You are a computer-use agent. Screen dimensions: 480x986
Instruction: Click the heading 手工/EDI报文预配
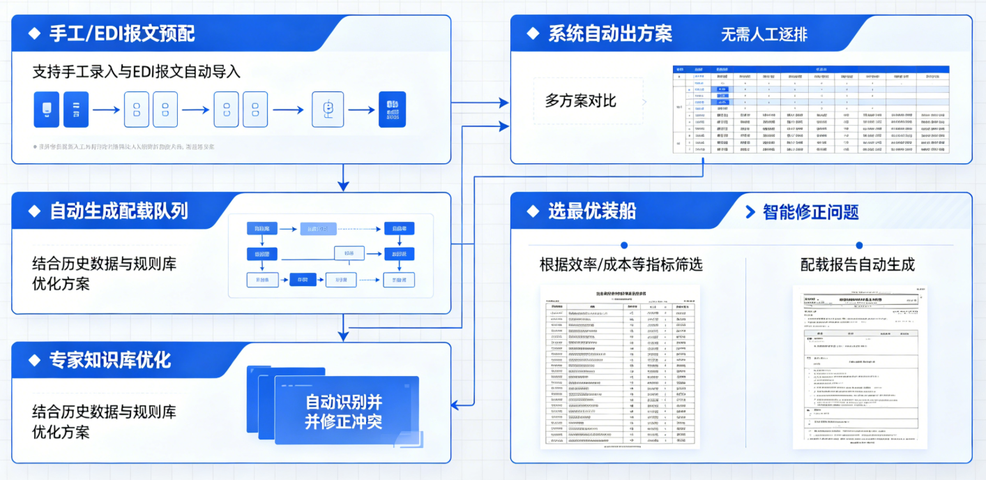(122, 33)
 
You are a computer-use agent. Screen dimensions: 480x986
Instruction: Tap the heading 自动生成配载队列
(118, 211)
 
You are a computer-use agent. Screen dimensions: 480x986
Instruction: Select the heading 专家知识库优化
(109, 360)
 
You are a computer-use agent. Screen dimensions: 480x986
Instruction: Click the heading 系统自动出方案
(610, 33)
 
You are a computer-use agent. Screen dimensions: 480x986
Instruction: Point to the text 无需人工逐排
(764, 34)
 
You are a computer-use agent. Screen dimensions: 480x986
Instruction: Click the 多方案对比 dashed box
(588, 101)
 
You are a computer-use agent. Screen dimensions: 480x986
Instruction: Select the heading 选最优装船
(592, 211)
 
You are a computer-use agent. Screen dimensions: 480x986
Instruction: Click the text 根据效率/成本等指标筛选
(621, 265)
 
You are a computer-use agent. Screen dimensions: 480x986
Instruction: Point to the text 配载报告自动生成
(857, 265)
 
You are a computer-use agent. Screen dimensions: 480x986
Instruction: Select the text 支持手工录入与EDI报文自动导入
(137, 72)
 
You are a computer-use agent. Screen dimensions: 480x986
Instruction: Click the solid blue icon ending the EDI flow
(392, 110)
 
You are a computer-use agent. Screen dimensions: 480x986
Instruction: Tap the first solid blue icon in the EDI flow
(47, 110)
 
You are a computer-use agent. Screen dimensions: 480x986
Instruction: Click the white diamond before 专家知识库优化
(33, 360)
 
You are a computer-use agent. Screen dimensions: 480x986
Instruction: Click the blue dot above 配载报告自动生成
(859, 245)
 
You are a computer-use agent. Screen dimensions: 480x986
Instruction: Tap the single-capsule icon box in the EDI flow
(328, 110)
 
